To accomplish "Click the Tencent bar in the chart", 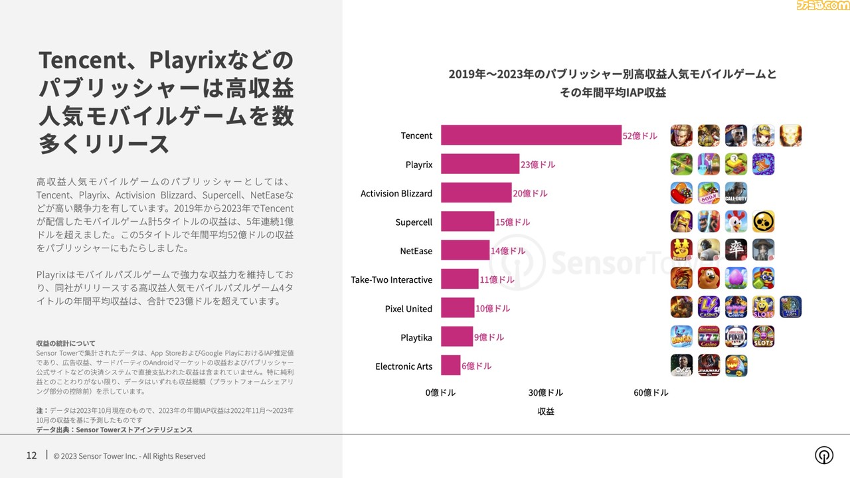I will [531, 135].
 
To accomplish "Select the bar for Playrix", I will [480, 164].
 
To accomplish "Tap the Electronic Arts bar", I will [450, 366].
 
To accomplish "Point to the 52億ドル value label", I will [639, 136].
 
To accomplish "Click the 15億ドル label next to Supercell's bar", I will [513, 222].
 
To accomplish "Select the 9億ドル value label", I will [489, 337].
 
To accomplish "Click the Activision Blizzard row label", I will [396, 193].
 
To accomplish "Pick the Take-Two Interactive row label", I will [391, 279].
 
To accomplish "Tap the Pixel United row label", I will [408, 309].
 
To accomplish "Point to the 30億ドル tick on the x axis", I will [545, 392].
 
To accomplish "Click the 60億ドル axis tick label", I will [651, 392].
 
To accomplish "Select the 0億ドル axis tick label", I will [440, 392].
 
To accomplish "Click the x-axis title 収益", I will [546, 412].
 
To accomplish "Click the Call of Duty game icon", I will [736, 193].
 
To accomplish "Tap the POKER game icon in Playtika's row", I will [736, 337].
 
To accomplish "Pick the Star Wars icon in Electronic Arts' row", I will [709, 366].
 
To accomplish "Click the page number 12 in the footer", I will [31, 455].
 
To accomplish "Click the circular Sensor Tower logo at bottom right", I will [824, 455].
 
